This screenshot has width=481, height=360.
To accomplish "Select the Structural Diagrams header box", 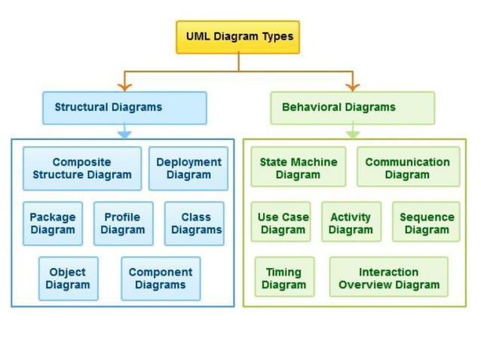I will tap(124, 108).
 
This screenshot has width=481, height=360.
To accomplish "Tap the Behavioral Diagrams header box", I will tap(352, 108).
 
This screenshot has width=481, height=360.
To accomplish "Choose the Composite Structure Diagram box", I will tap(81, 168).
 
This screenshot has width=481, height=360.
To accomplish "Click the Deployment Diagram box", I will tap(188, 168).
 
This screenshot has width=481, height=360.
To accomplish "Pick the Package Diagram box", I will tap(53, 224).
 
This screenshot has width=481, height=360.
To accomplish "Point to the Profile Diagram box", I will tap(123, 224).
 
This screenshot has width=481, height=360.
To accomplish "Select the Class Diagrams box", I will tap(195, 224).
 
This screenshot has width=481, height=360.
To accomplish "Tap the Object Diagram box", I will tap(68, 279).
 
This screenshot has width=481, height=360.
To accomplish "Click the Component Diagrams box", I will tap(161, 279).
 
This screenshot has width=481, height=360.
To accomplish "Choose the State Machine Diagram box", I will tap(298, 167).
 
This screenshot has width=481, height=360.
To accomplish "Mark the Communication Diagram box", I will tap(408, 167).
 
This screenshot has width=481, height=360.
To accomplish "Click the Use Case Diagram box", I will tap(283, 223).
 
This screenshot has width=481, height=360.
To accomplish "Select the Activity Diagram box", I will tap(351, 223).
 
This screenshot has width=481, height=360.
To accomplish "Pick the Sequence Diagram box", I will tap(426, 223).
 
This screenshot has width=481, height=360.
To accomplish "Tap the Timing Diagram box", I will tap(284, 278).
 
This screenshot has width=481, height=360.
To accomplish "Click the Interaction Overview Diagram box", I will tap(389, 278).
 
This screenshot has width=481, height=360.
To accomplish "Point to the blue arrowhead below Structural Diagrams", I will tap(124, 134).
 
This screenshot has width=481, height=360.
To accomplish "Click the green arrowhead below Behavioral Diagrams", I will tap(352, 134).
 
